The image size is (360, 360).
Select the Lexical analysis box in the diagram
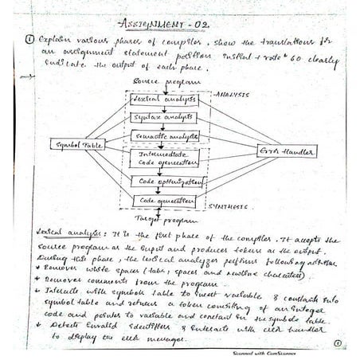click(x=163, y=100)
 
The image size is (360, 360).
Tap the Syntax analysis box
click(x=163, y=117)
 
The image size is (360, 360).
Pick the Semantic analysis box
click(x=165, y=135)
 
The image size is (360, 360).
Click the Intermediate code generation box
click(x=165, y=158)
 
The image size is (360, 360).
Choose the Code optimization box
click(x=165, y=182)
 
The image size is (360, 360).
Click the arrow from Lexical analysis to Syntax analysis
click(x=164, y=108)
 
